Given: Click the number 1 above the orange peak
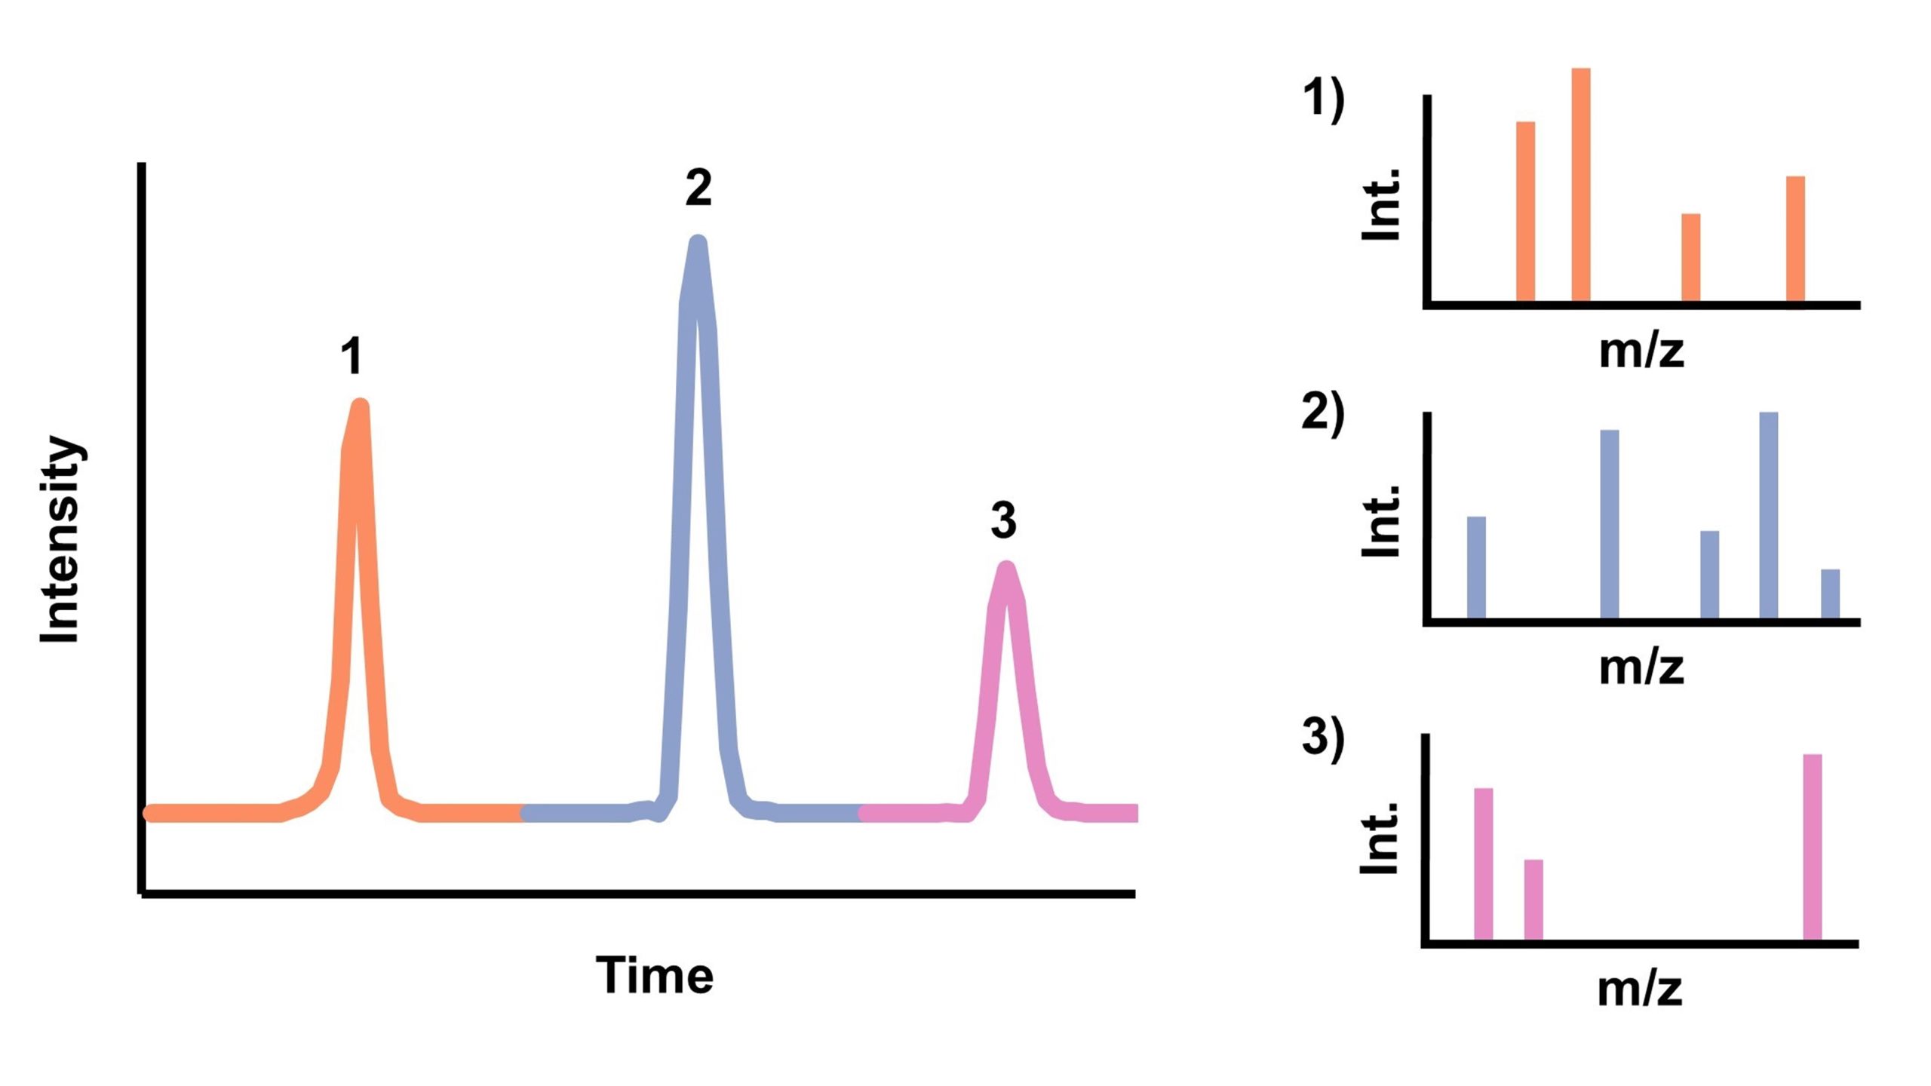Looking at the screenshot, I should pyautogui.click(x=352, y=357).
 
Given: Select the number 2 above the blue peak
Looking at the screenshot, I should pyautogui.click(x=698, y=188).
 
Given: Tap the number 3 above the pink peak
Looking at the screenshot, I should pyautogui.click(x=1003, y=520).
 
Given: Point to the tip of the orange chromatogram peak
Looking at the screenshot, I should pyautogui.click(x=360, y=407).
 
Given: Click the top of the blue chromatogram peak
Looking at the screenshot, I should pyautogui.click(x=698, y=244).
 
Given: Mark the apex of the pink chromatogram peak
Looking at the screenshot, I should pyautogui.click(x=1005, y=568).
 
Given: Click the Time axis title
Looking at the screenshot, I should pyautogui.click(x=654, y=976).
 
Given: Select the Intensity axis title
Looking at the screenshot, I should pyautogui.click(x=60, y=540).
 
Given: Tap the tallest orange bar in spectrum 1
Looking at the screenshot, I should pyautogui.click(x=1581, y=185).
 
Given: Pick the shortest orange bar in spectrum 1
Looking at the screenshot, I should pyautogui.click(x=1691, y=258).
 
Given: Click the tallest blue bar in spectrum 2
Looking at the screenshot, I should pyautogui.click(x=1768, y=516).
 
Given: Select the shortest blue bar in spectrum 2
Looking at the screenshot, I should pyautogui.click(x=1830, y=594).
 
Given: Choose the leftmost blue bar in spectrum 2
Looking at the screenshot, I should pyautogui.click(x=1476, y=568).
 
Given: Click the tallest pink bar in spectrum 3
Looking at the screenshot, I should pyautogui.click(x=1813, y=847).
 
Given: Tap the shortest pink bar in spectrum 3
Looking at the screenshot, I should pyautogui.click(x=1533, y=900).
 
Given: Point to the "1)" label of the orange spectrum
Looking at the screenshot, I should pyautogui.click(x=1323, y=100).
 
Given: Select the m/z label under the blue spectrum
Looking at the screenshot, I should pyautogui.click(x=1641, y=667).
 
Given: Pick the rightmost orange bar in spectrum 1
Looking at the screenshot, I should pyautogui.click(x=1795, y=239).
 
